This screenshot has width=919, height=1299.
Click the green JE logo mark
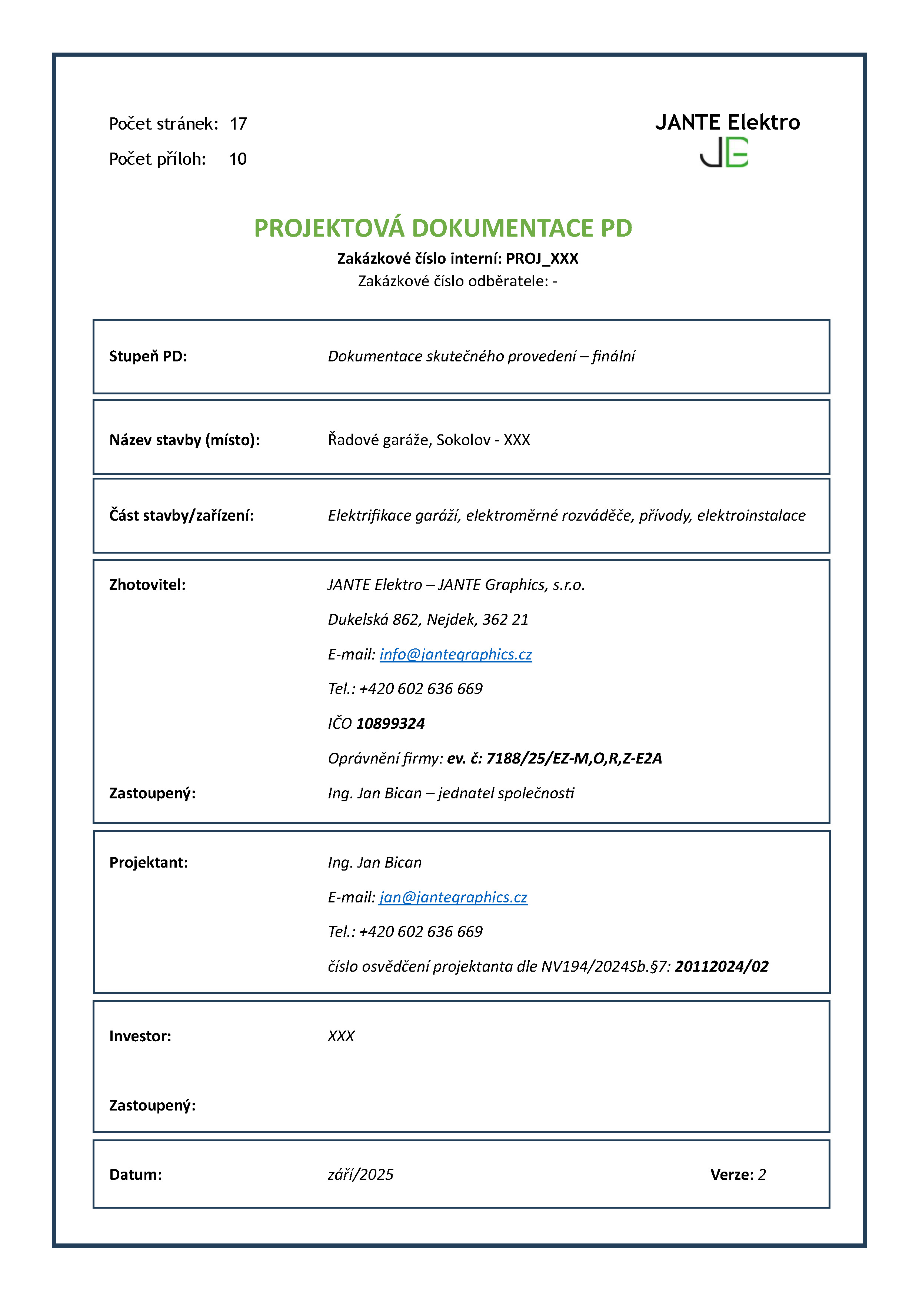point(724,153)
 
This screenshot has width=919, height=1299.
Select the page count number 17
point(238,124)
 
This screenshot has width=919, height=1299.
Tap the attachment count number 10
point(238,159)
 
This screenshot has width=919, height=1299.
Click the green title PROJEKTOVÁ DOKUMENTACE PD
point(443,228)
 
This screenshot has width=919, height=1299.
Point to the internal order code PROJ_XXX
point(542,258)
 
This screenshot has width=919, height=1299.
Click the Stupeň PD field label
point(148,357)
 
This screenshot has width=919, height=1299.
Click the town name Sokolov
point(463,440)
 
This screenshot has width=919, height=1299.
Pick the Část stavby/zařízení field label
point(181,515)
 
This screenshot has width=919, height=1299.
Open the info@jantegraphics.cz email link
point(456,655)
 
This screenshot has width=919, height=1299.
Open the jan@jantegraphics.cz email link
point(453,897)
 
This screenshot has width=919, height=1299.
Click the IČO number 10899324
point(390,724)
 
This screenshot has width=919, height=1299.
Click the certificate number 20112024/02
point(722,966)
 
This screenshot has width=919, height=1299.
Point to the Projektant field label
point(148,863)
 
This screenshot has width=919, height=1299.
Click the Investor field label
point(140,1036)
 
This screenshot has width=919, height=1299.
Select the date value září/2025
point(360,1175)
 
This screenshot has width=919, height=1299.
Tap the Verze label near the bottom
point(732,1175)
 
